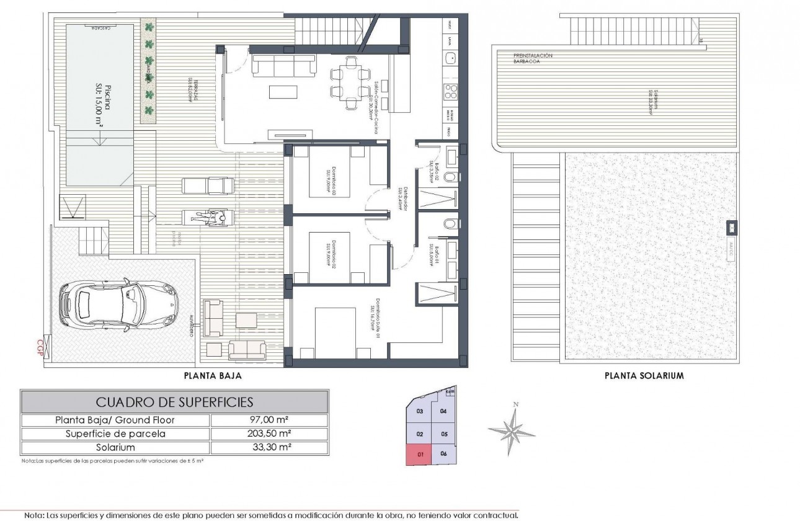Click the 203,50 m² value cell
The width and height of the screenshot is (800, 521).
tap(270, 434)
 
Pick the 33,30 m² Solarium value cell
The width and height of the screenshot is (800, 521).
tap(270, 447)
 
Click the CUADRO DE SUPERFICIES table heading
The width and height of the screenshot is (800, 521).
tap(174, 402)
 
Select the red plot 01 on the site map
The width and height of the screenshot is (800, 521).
tap(420, 454)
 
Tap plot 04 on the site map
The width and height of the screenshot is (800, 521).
tap(443, 411)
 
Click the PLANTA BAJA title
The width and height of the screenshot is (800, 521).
tap(212, 375)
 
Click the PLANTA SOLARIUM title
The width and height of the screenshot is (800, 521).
tap(643, 375)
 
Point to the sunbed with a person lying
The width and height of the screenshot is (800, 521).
tap(208, 217)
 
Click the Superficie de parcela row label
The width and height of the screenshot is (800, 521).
tap(115, 434)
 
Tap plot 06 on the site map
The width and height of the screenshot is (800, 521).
tap(443, 454)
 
